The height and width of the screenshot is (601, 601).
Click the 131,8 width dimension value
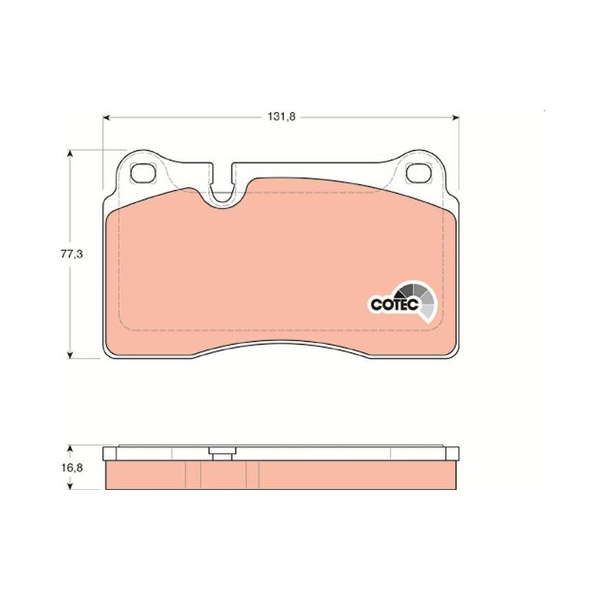click(281, 116)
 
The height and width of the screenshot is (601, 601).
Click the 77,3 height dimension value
click(71, 254)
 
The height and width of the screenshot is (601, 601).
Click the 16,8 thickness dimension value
click(72, 467)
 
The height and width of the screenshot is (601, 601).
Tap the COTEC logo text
click(394, 305)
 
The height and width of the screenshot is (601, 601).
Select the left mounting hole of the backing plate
click(143, 174)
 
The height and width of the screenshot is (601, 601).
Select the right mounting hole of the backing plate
click(418, 174)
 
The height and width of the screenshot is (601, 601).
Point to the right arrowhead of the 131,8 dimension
click(455, 117)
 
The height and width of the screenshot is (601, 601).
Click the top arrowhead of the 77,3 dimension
click(70, 153)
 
